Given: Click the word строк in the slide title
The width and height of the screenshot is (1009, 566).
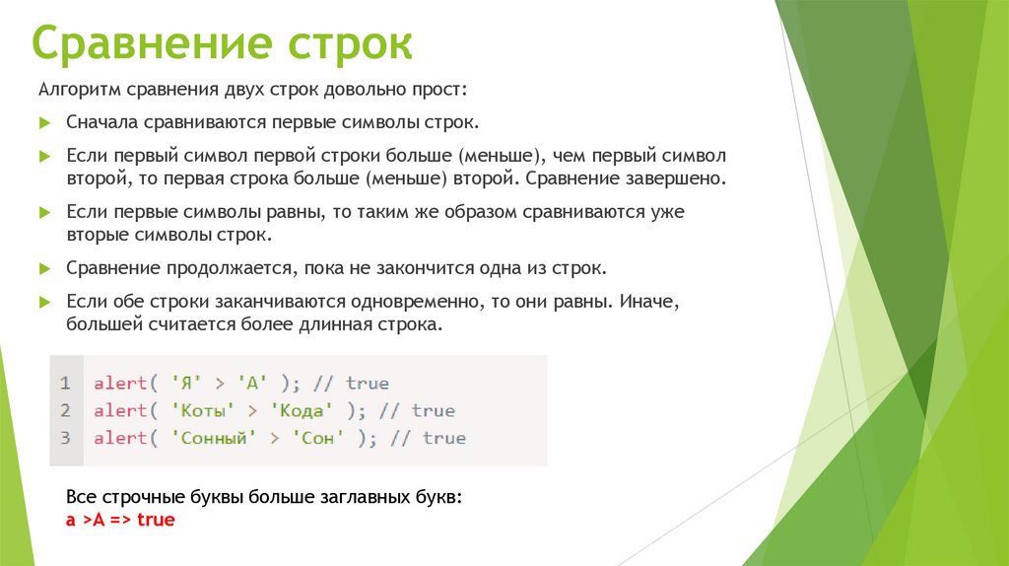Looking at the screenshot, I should [350, 45].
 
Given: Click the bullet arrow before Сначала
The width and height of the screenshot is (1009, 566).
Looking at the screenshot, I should [44, 125].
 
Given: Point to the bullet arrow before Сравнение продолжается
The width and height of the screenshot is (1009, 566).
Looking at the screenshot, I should [44, 269].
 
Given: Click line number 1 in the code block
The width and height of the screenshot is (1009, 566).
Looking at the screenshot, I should [65, 383].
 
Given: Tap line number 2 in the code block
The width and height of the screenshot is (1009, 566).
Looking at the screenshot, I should [65, 410].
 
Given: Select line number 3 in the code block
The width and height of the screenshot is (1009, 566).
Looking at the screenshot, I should [65, 438].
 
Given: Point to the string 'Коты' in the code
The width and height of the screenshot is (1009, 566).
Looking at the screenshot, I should [202, 410].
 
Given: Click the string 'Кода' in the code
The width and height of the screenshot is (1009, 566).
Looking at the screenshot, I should [301, 410].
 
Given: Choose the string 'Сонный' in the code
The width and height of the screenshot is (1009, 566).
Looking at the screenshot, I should [214, 438].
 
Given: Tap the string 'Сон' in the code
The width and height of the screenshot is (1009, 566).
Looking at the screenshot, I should [316, 438].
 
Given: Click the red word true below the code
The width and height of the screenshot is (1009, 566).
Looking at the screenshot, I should [156, 519].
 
